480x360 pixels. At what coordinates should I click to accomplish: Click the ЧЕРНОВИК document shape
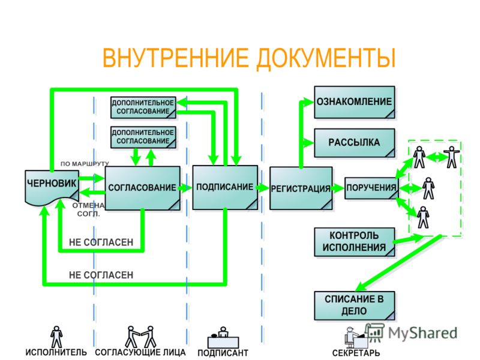click(x=52, y=187)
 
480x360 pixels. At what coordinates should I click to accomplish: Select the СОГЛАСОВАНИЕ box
click(x=142, y=188)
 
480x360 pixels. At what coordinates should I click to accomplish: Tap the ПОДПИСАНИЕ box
click(x=225, y=187)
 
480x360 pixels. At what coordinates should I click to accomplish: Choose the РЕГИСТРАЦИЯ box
click(x=301, y=188)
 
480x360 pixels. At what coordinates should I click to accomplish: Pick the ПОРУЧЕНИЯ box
click(x=371, y=188)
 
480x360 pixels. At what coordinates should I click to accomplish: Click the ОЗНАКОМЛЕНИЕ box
click(x=355, y=102)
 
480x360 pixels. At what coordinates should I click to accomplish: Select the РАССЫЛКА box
click(x=355, y=143)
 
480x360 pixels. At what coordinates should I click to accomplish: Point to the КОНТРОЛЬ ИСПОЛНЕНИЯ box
click(x=355, y=242)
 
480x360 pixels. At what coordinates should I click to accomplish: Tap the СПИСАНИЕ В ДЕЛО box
click(x=355, y=305)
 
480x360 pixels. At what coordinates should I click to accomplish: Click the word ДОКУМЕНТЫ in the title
click(x=326, y=58)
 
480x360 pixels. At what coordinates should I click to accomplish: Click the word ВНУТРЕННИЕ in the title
click(x=175, y=58)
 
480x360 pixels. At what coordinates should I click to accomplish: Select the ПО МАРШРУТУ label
click(x=85, y=164)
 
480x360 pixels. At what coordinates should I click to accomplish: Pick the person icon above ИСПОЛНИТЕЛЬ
click(x=56, y=337)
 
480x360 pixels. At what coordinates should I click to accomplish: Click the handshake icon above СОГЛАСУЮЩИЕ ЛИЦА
click(x=140, y=337)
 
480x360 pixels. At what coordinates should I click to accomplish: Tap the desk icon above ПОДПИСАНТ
click(x=223, y=337)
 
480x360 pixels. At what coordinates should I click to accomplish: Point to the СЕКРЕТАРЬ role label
click(x=356, y=353)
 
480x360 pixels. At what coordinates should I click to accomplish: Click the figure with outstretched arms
click(x=452, y=157)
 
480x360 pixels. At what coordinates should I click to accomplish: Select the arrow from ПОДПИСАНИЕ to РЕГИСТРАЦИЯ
click(x=263, y=187)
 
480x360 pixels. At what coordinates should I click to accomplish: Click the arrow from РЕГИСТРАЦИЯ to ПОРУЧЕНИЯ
click(x=338, y=188)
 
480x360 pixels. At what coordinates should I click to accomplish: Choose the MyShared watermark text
click(x=422, y=333)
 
